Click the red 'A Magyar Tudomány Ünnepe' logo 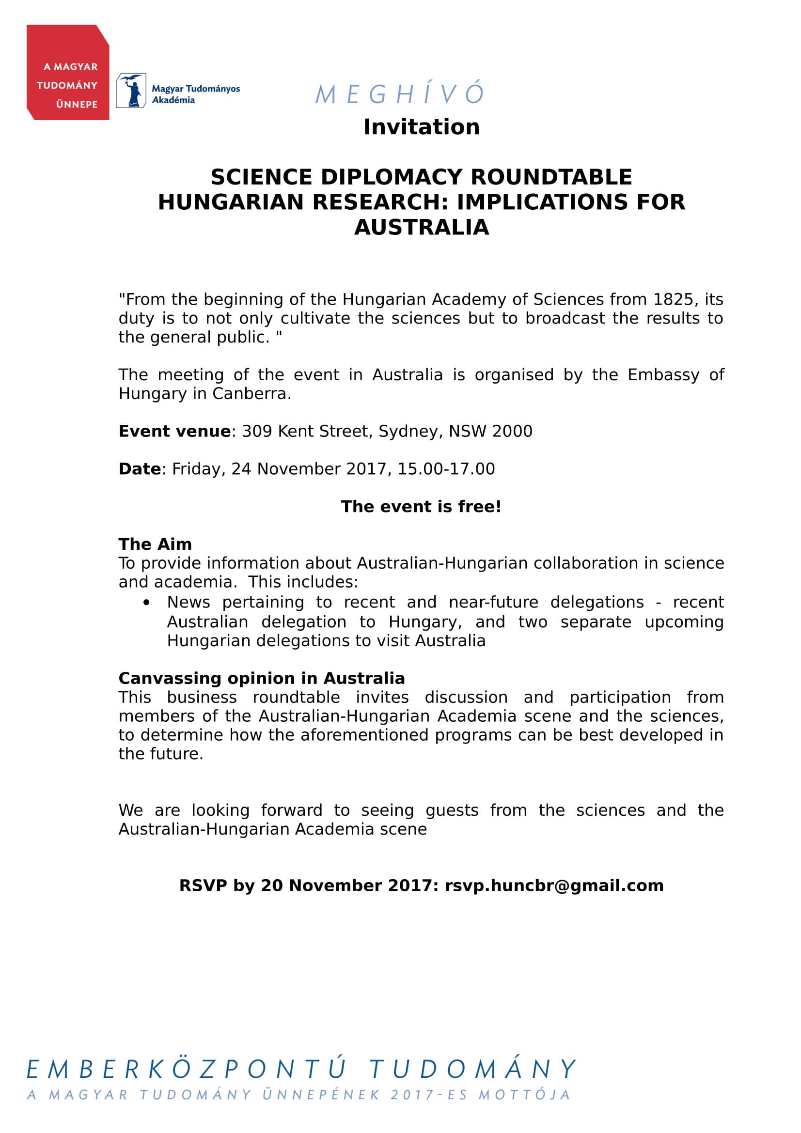[68, 73]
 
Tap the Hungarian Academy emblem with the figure [131, 90]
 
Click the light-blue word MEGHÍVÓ [400, 93]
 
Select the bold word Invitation [422, 127]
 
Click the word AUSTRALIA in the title [422, 228]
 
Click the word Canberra [251, 394]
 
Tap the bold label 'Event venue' [175, 431]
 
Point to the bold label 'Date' [140, 469]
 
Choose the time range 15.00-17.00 [446, 469]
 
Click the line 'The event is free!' [421, 507]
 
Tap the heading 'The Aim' [155, 544]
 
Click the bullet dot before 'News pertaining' [146, 603]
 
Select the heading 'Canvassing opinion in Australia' [262, 679]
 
